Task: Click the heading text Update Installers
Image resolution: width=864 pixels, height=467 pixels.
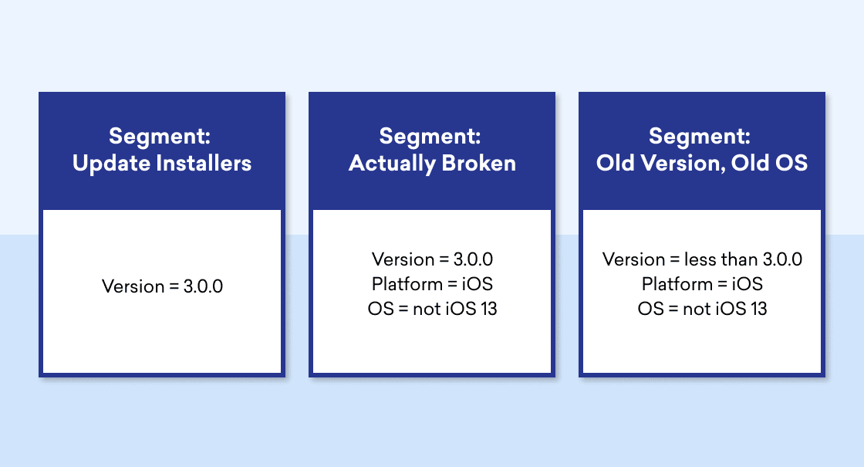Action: (162, 163)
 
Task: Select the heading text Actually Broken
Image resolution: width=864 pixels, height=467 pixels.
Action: (432, 164)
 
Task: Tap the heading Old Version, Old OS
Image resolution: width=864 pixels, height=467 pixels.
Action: (702, 163)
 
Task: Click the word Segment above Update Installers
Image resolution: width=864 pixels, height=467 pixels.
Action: (159, 136)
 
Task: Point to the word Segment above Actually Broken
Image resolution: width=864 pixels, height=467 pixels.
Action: (430, 136)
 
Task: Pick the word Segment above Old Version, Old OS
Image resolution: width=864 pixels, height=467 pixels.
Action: (699, 136)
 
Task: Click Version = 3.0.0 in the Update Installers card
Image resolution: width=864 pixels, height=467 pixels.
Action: (163, 286)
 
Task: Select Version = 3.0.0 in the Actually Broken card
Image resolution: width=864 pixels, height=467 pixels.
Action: (432, 259)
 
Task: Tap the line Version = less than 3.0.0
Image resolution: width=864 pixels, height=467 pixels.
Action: (702, 259)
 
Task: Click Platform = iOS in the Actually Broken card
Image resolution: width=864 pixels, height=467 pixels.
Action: (432, 284)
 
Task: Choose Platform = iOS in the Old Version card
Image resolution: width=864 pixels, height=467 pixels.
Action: (702, 284)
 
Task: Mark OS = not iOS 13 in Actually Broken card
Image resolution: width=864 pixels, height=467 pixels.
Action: (433, 309)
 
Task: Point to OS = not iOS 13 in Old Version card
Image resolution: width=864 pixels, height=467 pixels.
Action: (703, 309)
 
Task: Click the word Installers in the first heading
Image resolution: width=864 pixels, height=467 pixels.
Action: (204, 163)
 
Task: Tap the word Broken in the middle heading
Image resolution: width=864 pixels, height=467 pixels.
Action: (479, 163)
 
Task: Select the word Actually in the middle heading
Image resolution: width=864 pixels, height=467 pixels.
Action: (393, 164)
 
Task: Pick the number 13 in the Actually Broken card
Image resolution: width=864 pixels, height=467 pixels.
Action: (489, 309)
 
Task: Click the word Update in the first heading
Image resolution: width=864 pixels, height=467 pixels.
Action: (112, 164)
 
